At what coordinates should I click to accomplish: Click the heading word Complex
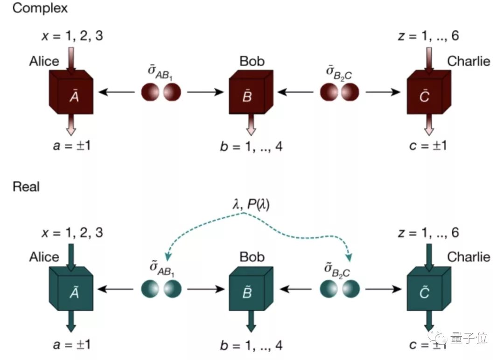pos(40,8)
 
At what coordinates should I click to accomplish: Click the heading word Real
pos(26,187)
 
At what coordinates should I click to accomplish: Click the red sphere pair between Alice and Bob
pos(161,92)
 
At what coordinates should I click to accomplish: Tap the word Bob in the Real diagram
pos(252,257)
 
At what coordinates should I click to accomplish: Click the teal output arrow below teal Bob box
pos(251,322)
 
